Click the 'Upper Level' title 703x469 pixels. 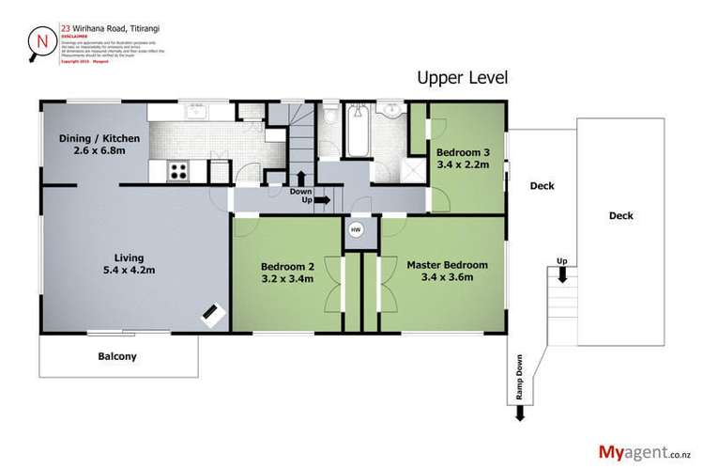tap(464, 77)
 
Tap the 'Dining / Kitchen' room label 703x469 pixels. tap(99, 145)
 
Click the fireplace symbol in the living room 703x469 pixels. tap(212, 313)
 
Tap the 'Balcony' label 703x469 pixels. tap(118, 356)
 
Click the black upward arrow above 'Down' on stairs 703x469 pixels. tap(300, 178)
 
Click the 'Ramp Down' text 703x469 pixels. tap(518, 376)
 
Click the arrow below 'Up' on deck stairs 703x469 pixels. tap(561, 274)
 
